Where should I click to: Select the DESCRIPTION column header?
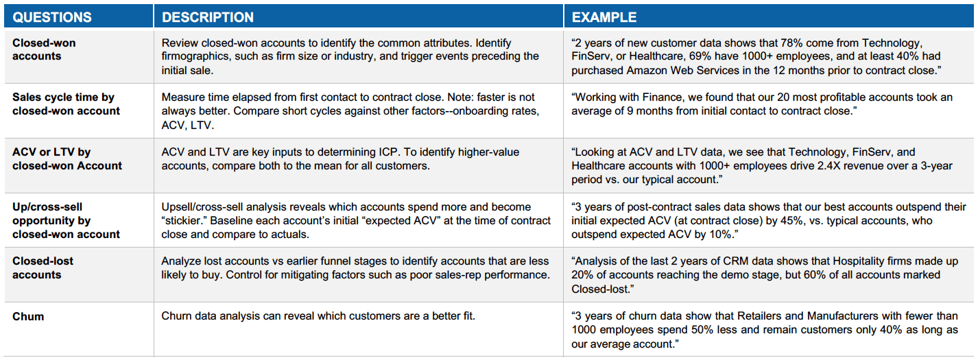208,18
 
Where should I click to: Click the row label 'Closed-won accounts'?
44,49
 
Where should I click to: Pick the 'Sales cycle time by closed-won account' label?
66,104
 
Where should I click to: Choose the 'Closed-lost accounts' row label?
43,268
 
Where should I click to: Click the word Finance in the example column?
660,97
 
